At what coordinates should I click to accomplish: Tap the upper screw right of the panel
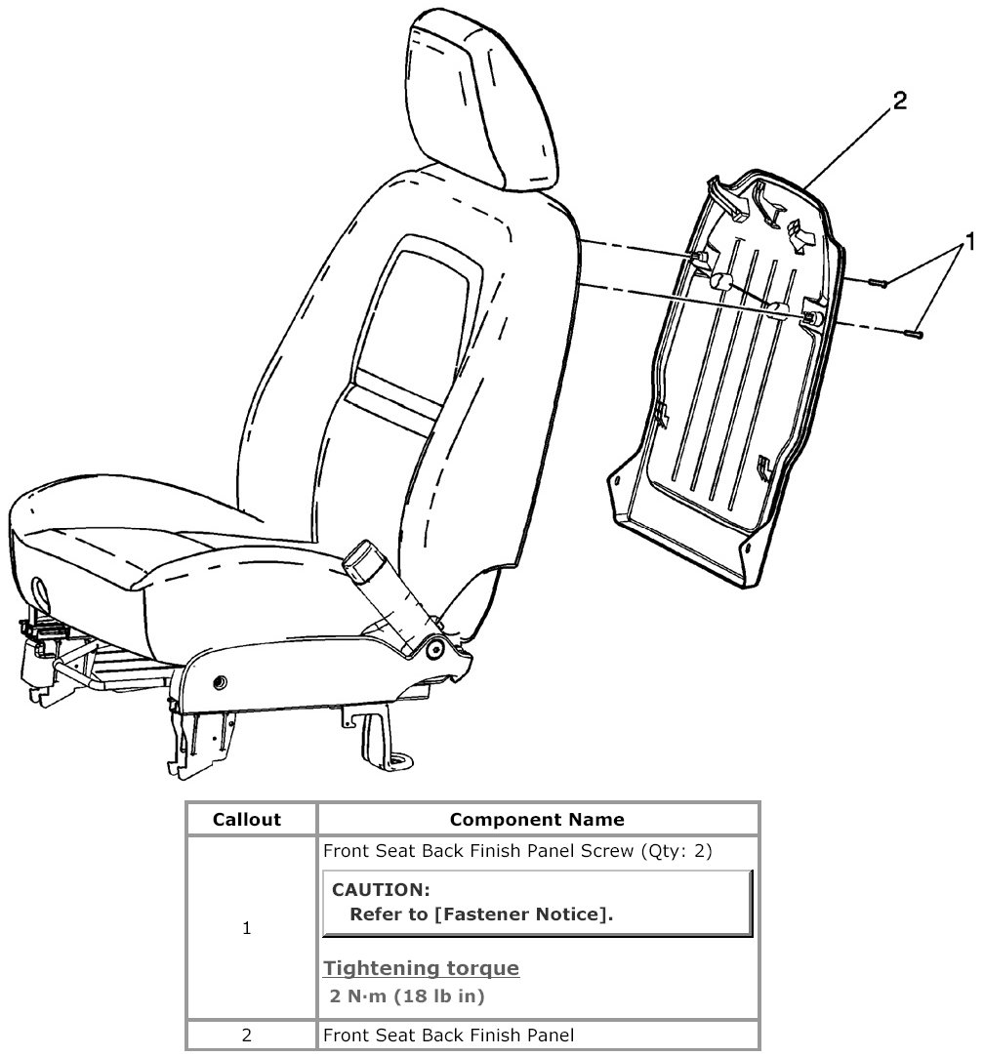(878, 283)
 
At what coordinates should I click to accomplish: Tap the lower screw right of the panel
(915, 334)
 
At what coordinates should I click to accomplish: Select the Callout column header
(247, 820)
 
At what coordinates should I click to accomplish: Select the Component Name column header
(537, 820)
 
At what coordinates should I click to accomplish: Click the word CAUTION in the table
(381, 890)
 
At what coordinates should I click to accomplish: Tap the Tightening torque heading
(421, 968)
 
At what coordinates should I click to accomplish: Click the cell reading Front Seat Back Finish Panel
(448, 1035)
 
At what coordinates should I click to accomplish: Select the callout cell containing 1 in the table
(247, 928)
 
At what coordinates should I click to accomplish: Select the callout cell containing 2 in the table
(247, 1035)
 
